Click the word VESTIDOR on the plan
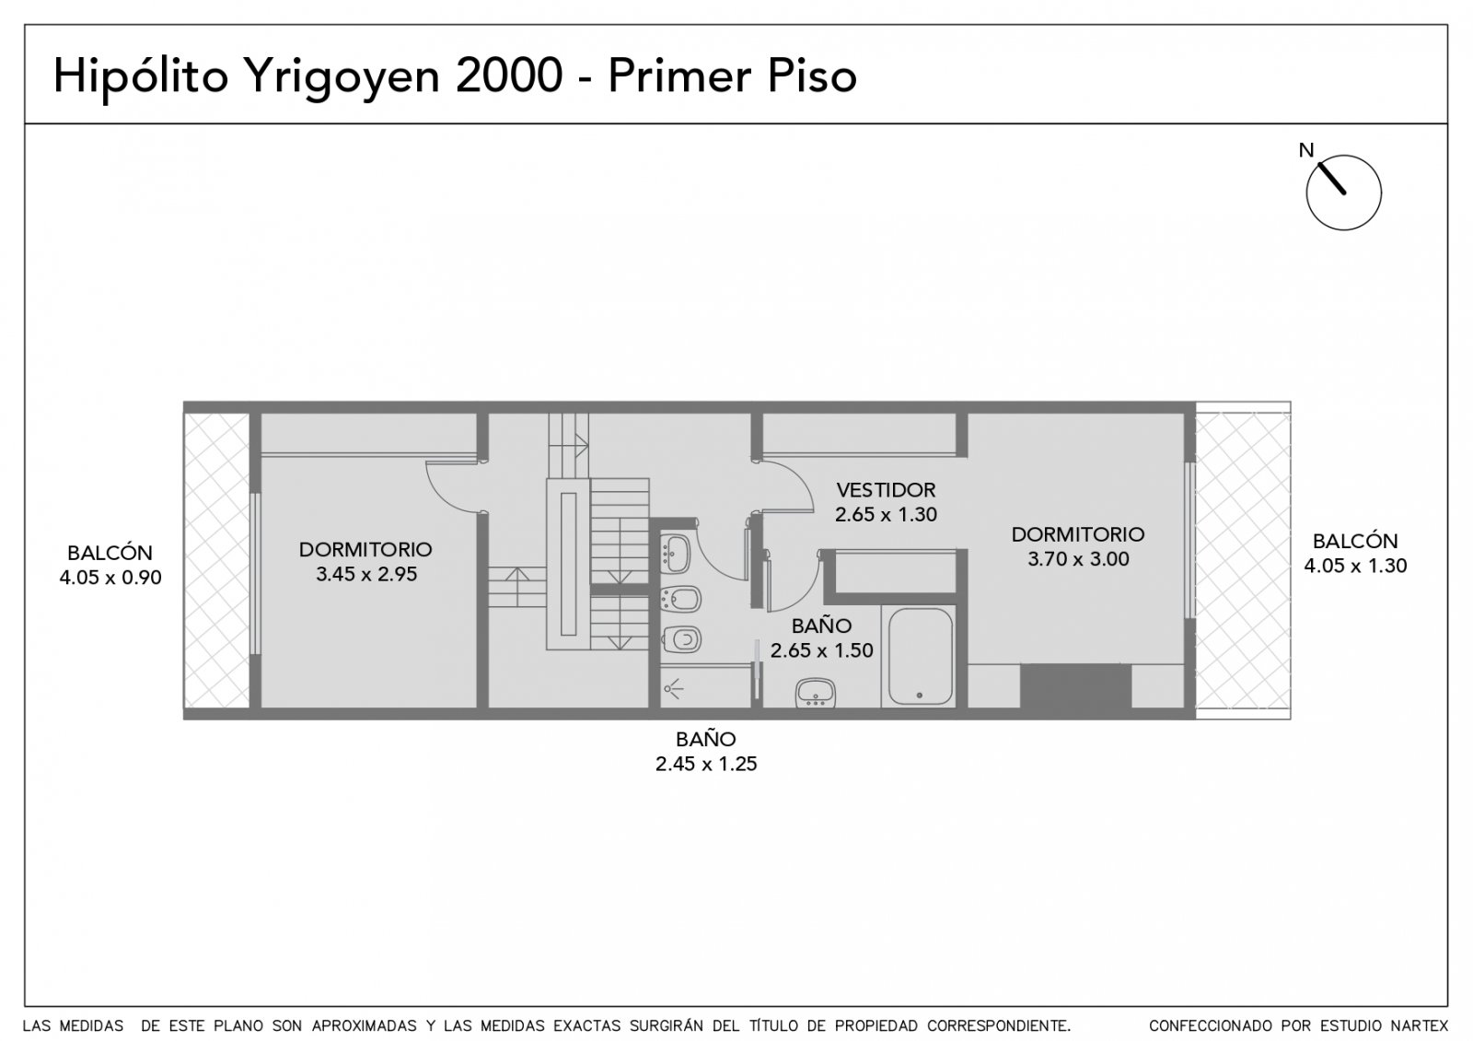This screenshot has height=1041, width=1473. [885, 489]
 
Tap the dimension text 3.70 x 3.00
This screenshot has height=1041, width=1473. [1078, 558]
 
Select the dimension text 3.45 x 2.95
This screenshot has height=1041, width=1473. [365, 574]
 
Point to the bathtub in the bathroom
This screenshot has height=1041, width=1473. [920, 656]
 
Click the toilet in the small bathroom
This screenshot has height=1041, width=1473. [682, 639]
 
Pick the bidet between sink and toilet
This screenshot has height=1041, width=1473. [681, 599]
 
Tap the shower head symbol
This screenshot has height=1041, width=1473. [673, 689]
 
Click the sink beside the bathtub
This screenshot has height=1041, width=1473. [816, 693]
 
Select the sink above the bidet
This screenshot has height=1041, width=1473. [676, 554]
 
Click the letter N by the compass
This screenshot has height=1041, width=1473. [1306, 151]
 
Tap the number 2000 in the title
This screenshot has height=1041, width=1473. [509, 75]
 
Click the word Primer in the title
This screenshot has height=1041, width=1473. [679, 75]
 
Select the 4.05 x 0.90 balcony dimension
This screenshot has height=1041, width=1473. [110, 577]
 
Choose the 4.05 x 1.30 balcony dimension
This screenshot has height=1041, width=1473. [1355, 566]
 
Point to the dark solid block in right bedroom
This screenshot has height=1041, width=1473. [1076, 685]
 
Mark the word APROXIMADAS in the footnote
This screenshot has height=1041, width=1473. [364, 1025]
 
